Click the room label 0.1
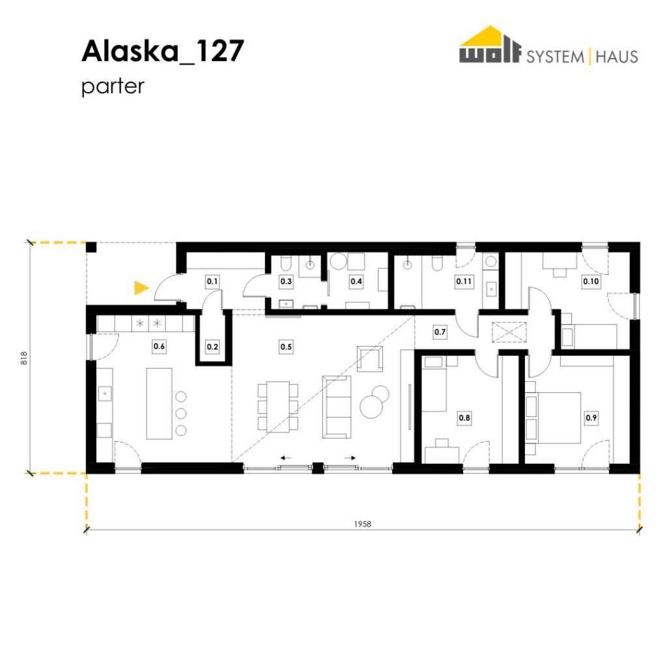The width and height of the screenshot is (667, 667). (x=212, y=281)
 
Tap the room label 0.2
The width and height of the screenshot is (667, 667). (x=212, y=347)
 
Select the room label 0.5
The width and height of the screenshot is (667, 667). (x=287, y=347)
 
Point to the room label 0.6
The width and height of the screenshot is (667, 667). (x=159, y=347)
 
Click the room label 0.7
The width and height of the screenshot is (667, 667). (x=440, y=332)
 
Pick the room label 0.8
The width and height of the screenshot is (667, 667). (x=464, y=418)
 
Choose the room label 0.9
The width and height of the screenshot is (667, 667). (x=591, y=418)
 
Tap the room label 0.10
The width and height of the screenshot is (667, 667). (x=591, y=281)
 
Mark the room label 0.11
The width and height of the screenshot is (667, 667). (x=464, y=281)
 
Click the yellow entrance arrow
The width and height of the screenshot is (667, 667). (x=141, y=288)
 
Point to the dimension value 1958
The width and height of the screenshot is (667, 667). (x=362, y=524)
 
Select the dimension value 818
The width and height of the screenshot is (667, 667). (x=24, y=358)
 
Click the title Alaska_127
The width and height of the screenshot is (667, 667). (x=162, y=51)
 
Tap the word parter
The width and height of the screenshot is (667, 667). (x=113, y=87)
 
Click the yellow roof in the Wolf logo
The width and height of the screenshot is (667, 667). (x=490, y=36)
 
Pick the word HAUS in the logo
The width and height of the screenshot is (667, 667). (x=617, y=57)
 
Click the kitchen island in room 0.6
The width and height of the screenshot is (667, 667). (x=159, y=403)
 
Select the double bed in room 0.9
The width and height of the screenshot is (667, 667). (x=553, y=418)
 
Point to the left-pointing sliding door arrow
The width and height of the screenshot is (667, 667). (x=286, y=458)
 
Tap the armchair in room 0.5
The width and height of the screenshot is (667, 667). (x=370, y=359)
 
